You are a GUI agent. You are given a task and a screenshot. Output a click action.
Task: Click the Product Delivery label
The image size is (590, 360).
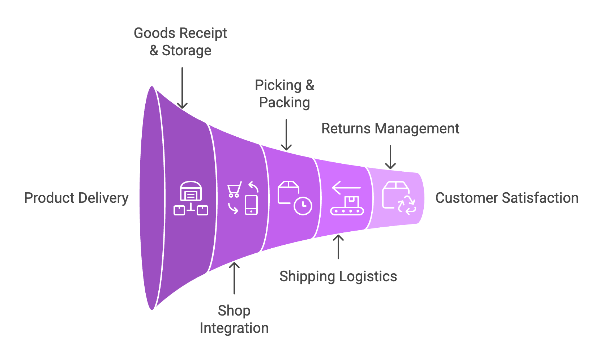[76, 198]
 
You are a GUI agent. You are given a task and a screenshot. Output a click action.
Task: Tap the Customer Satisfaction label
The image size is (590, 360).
[506, 198]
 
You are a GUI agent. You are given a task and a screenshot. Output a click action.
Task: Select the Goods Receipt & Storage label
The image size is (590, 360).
[180, 42]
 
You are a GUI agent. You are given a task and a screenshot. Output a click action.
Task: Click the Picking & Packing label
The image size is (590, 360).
[285, 94]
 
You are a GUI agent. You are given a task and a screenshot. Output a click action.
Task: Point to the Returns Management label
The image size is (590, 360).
[390, 129]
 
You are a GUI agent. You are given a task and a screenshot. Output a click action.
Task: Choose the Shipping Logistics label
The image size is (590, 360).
[338, 277]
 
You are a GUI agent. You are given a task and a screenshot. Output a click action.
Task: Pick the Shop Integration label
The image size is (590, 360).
[234, 319]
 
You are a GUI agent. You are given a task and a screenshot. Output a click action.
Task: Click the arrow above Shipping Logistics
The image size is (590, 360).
[338, 247]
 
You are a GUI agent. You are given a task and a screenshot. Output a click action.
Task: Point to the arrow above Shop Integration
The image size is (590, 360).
[234, 278]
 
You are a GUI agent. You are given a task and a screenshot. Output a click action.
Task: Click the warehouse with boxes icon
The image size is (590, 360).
[191, 198]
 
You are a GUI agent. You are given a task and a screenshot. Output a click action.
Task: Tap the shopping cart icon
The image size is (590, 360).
[234, 189]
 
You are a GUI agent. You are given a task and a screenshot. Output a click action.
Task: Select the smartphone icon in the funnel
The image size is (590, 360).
[251, 205]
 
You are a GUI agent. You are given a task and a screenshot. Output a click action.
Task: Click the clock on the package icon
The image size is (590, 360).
[303, 206]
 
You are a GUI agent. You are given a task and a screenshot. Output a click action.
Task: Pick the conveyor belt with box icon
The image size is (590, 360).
[347, 206]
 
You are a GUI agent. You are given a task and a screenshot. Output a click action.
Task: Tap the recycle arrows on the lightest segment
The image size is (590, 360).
[407, 205]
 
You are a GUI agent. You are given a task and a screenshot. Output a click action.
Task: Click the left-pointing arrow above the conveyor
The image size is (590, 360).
[346, 188]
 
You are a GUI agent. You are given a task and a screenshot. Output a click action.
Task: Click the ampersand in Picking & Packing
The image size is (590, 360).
[310, 85]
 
